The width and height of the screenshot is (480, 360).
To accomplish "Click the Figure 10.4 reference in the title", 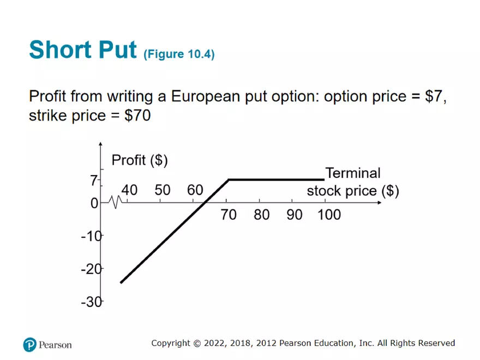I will (x=179, y=55).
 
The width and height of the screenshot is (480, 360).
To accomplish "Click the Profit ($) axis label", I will (x=139, y=160).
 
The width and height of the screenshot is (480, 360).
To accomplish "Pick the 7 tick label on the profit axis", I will (x=94, y=181).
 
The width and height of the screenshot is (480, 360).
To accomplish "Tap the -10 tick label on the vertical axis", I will (x=91, y=236).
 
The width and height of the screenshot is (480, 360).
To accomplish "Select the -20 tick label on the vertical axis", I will (x=91, y=269).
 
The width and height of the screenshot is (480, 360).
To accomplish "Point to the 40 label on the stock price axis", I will (x=129, y=190).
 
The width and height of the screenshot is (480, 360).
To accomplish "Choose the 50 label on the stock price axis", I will (x=163, y=190).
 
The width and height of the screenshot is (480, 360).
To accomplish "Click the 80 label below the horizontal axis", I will (x=261, y=215).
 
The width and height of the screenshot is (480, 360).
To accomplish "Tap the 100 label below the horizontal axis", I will (x=329, y=215).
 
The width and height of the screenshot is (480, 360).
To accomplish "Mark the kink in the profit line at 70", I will (x=229, y=179).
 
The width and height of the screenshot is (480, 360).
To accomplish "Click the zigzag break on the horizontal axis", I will (x=115, y=202).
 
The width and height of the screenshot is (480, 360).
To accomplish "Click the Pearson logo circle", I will (x=29, y=344).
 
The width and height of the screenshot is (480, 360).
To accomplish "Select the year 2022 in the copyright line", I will (x=217, y=343).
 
